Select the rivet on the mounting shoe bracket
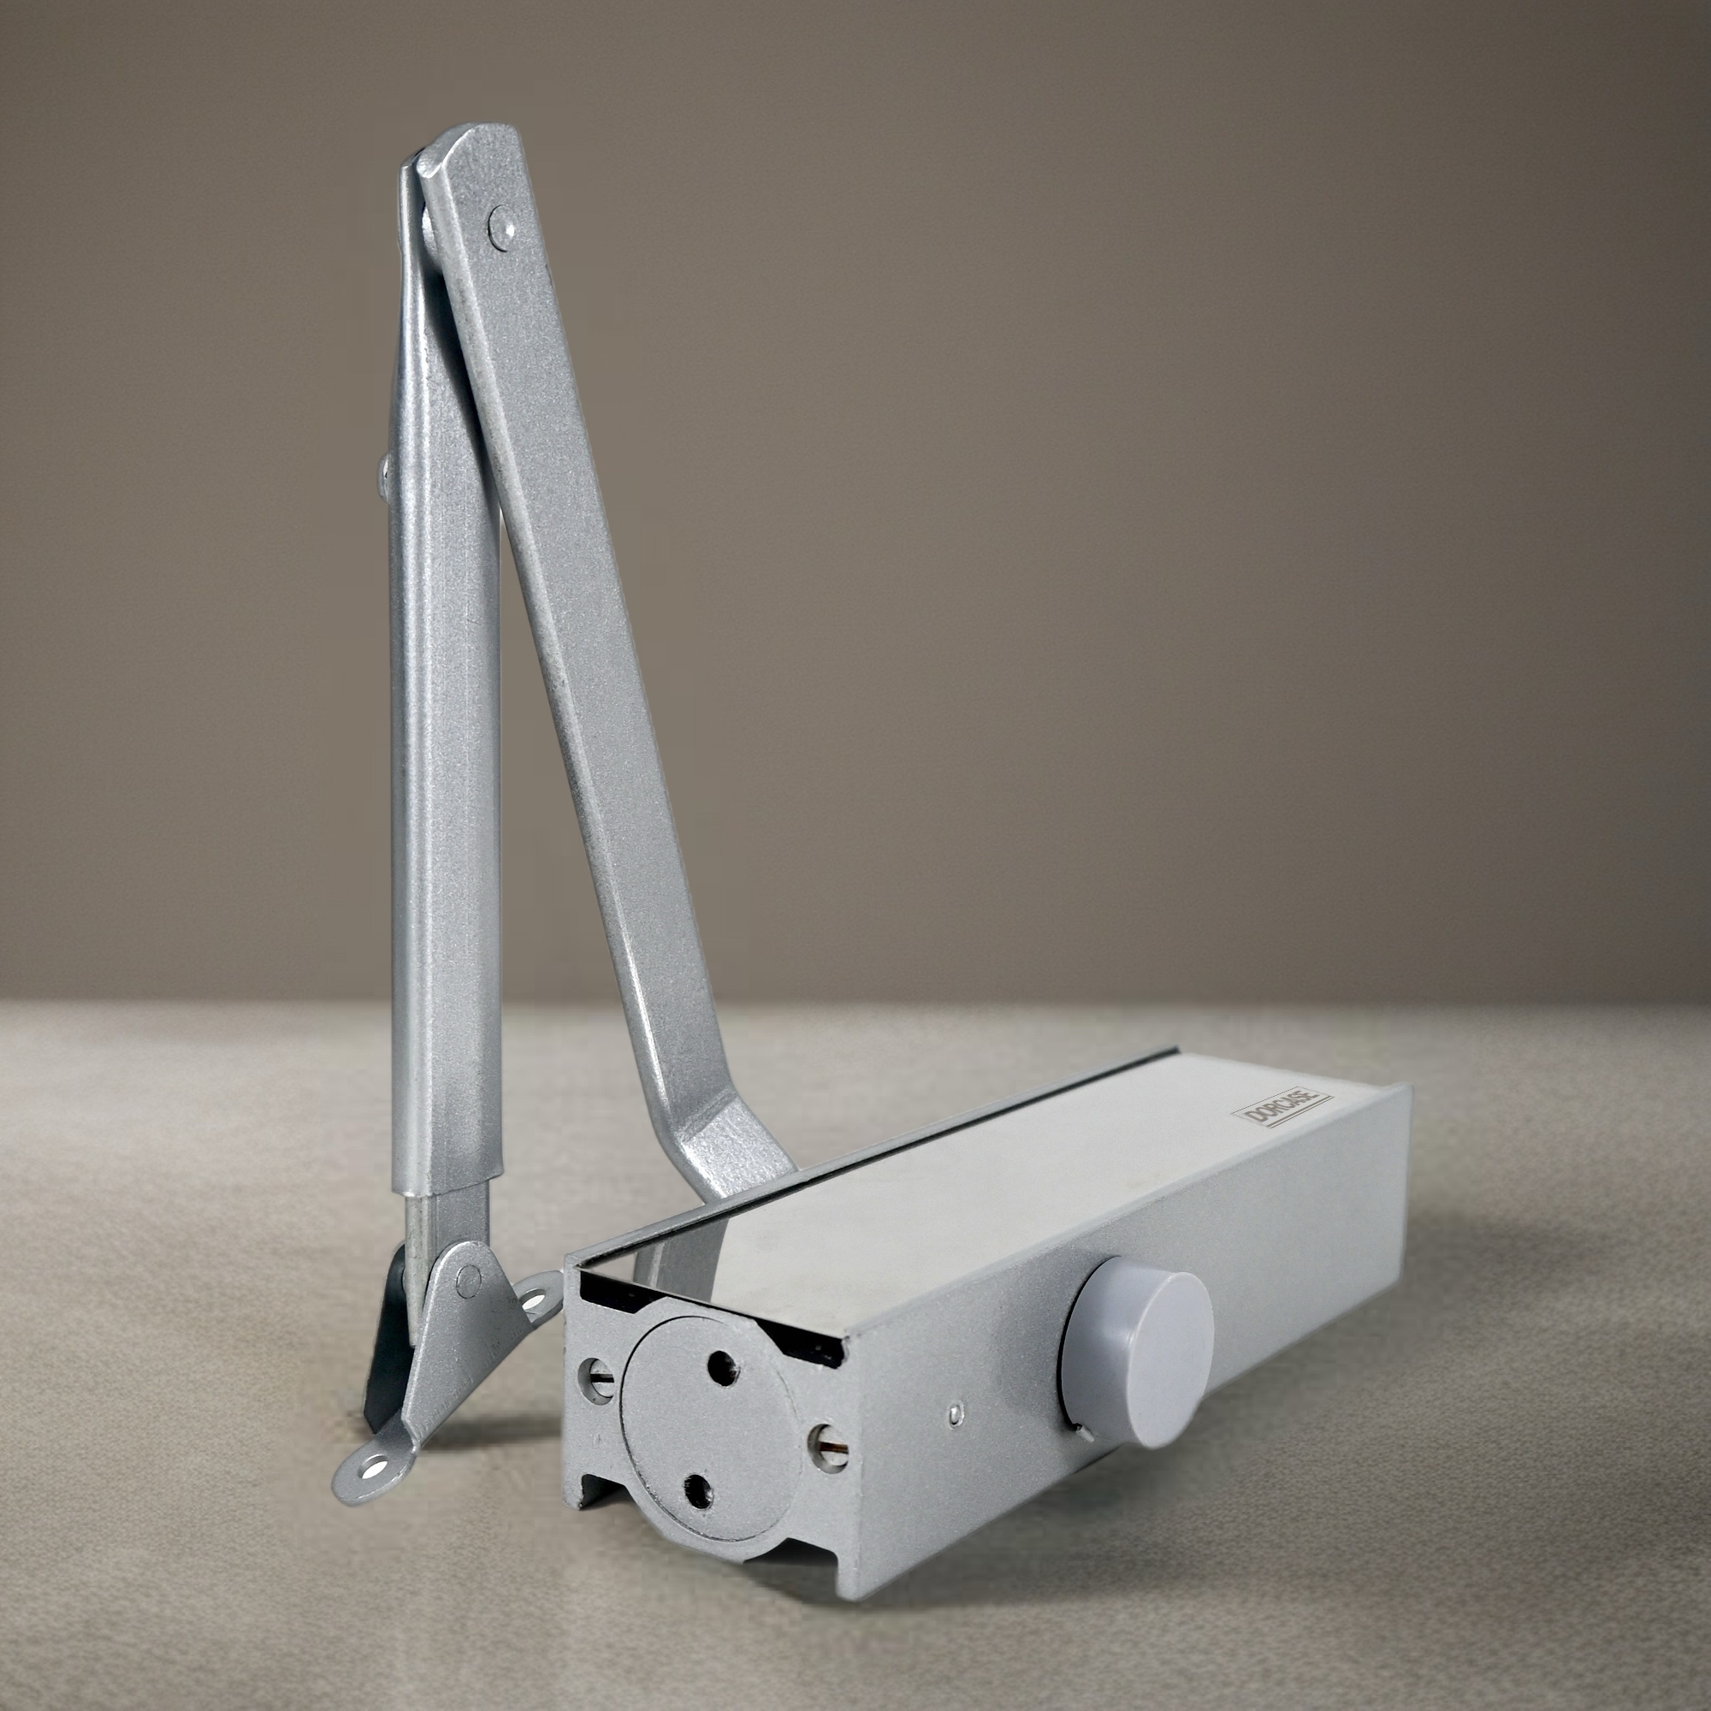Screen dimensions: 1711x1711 point(468,1280)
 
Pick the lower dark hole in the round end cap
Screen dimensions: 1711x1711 point(700,1490)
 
